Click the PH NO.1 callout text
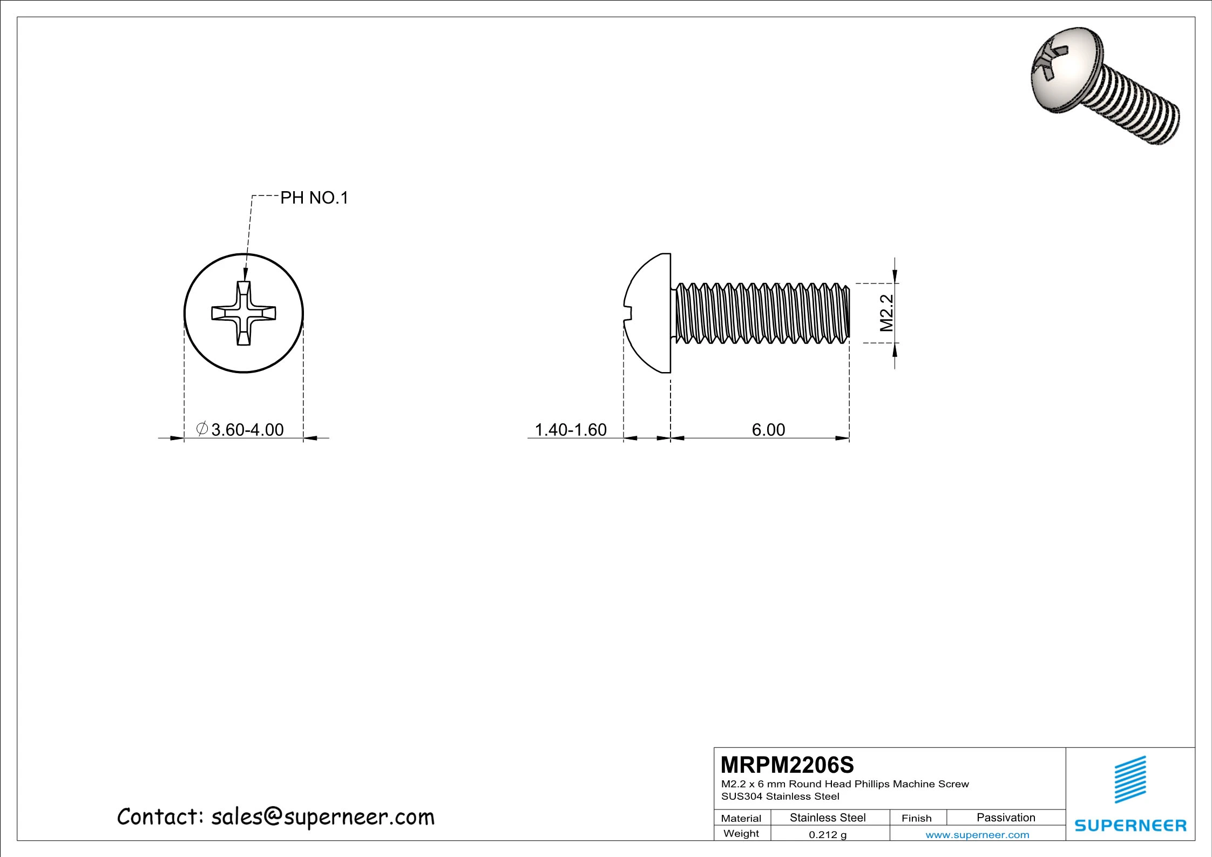(314, 198)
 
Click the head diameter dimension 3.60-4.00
(247, 430)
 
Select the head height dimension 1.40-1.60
(571, 430)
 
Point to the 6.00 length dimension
(768, 430)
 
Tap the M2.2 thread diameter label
(886, 313)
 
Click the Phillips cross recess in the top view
(243, 313)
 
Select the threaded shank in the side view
(761, 313)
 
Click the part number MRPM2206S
(787, 765)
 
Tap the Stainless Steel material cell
(828, 818)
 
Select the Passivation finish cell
(1006, 818)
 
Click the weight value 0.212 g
(828, 835)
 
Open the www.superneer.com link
(977, 835)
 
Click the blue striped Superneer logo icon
(1130, 779)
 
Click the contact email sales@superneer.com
(322, 817)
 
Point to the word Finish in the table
(916, 818)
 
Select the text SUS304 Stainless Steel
(780, 796)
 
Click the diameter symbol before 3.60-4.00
(202, 429)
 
